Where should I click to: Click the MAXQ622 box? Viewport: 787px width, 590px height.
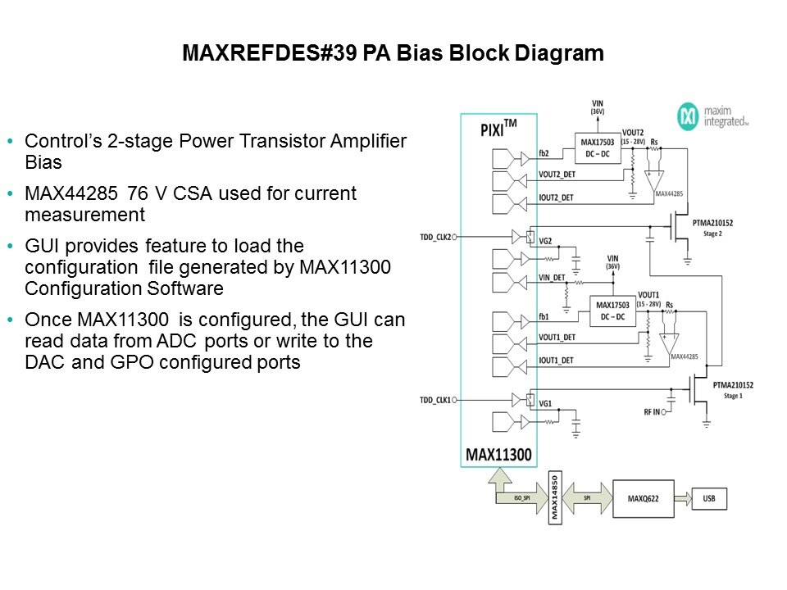(x=644, y=497)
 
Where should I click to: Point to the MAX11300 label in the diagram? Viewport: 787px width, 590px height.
(x=499, y=453)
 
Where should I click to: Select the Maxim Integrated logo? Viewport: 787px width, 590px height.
(x=712, y=116)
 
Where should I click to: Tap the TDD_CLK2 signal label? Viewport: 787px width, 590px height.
(x=435, y=235)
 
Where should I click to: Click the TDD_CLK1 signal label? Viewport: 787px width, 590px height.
(x=435, y=399)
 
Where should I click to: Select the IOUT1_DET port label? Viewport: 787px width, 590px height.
(x=557, y=359)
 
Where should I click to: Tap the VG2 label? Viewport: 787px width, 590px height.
(x=545, y=241)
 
